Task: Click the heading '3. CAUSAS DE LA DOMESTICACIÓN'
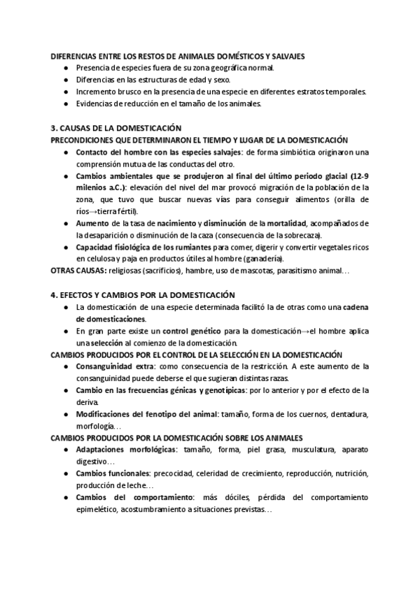[x=116, y=128]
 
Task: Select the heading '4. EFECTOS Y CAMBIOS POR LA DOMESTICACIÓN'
[x=143, y=295]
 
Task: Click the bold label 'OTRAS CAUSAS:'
[x=76, y=270]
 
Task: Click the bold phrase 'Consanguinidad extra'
[x=115, y=366]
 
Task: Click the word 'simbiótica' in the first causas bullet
[x=294, y=152]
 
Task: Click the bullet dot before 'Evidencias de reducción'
[x=65, y=103]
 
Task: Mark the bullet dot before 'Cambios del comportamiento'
[x=65, y=497]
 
